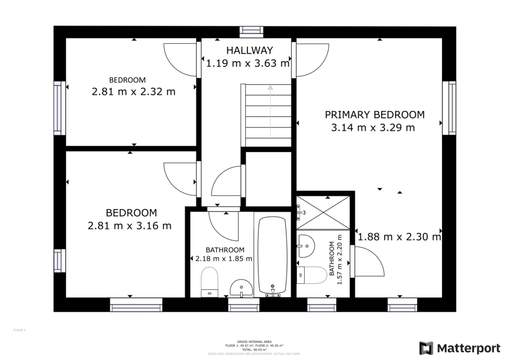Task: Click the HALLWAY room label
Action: pos(249,50)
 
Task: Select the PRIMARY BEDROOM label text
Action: pos(374,114)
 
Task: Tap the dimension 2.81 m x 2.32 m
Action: pos(133,91)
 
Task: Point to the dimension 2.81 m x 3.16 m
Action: pos(129,226)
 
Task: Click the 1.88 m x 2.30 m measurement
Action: pos(399,237)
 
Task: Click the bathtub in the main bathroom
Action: pos(272,256)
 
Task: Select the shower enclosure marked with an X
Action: pos(323,213)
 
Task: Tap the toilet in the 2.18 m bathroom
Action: pos(209,281)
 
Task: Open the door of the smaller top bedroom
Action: pos(180,59)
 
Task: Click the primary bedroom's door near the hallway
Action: pos(312,59)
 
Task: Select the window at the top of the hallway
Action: pos(251,31)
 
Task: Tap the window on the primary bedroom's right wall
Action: pos(451,108)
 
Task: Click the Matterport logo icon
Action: pos(426,348)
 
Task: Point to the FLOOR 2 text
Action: pos(18,330)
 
